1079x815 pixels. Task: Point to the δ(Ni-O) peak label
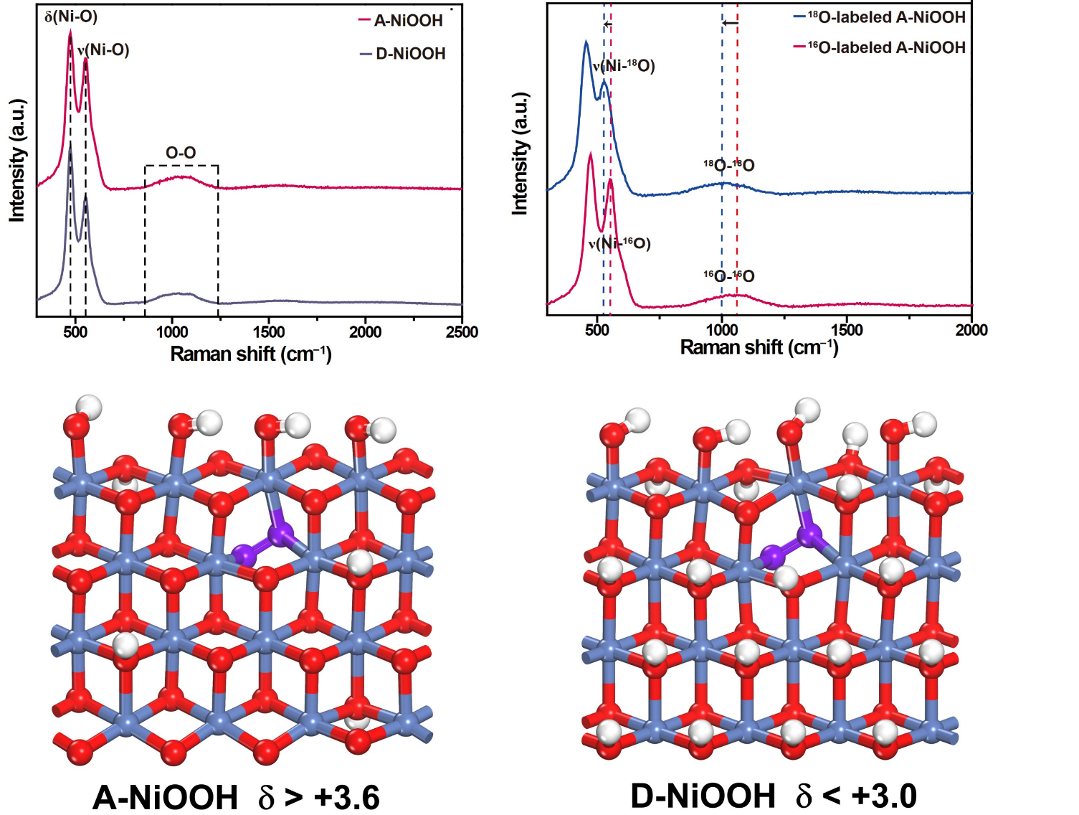click(71, 17)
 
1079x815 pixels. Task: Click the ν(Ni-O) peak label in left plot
click(103, 50)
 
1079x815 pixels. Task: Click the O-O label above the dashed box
click(181, 153)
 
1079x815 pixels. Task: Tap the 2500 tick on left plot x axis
click(462, 332)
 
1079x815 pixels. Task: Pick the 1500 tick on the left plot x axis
click(268, 332)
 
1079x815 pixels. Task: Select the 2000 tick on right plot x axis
click(971, 330)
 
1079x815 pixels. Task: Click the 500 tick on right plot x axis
click(596, 330)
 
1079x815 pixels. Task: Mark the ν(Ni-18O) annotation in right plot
click(624, 67)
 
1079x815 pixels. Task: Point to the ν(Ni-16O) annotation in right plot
click(619, 244)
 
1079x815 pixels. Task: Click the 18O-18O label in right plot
click(728, 166)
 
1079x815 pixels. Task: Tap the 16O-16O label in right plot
click(728, 276)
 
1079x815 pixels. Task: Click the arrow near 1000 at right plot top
click(730, 23)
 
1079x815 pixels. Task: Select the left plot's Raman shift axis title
click(250, 354)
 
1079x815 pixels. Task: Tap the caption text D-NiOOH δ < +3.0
click(773, 796)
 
